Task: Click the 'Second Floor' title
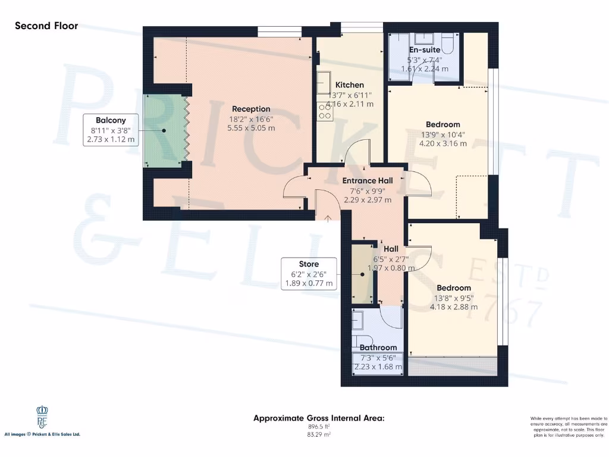point(46,26)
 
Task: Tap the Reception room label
point(251,109)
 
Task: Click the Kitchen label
point(350,84)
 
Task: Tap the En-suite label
point(425,50)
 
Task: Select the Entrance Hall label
point(368,180)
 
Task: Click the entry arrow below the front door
point(329,219)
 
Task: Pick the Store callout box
point(309,274)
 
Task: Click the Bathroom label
point(378,348)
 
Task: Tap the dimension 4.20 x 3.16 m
point(443,143)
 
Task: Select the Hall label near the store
point(391,249)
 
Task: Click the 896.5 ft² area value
point(319,427)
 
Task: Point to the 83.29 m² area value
point(319,435)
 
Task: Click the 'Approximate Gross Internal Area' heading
point(319,418)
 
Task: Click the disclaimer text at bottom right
point(567,427)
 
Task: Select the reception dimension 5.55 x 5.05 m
point(251,128)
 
